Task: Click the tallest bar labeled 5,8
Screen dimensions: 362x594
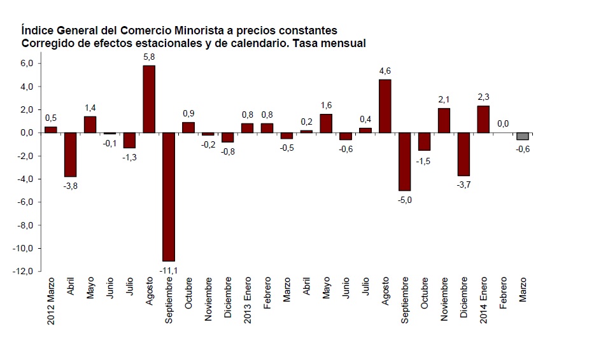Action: tap(148, 99)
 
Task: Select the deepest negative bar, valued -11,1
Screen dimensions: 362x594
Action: tap(168, 197)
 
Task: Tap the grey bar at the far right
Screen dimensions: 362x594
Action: tap(523, 136)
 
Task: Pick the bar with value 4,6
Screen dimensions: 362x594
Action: tap(385, 106)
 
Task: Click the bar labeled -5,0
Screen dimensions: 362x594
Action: tap(405, 162)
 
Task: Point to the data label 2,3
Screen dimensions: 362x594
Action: tap(483, 96)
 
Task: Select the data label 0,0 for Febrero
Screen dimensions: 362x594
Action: tap(503, 123)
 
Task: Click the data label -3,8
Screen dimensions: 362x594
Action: tap(70, 186)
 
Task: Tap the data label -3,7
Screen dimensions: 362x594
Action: tap(463, 184)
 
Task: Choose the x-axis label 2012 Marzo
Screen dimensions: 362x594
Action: tap(52, 301)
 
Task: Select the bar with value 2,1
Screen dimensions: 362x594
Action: tap(444, 120)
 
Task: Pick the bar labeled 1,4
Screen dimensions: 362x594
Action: tap(90, 125)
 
